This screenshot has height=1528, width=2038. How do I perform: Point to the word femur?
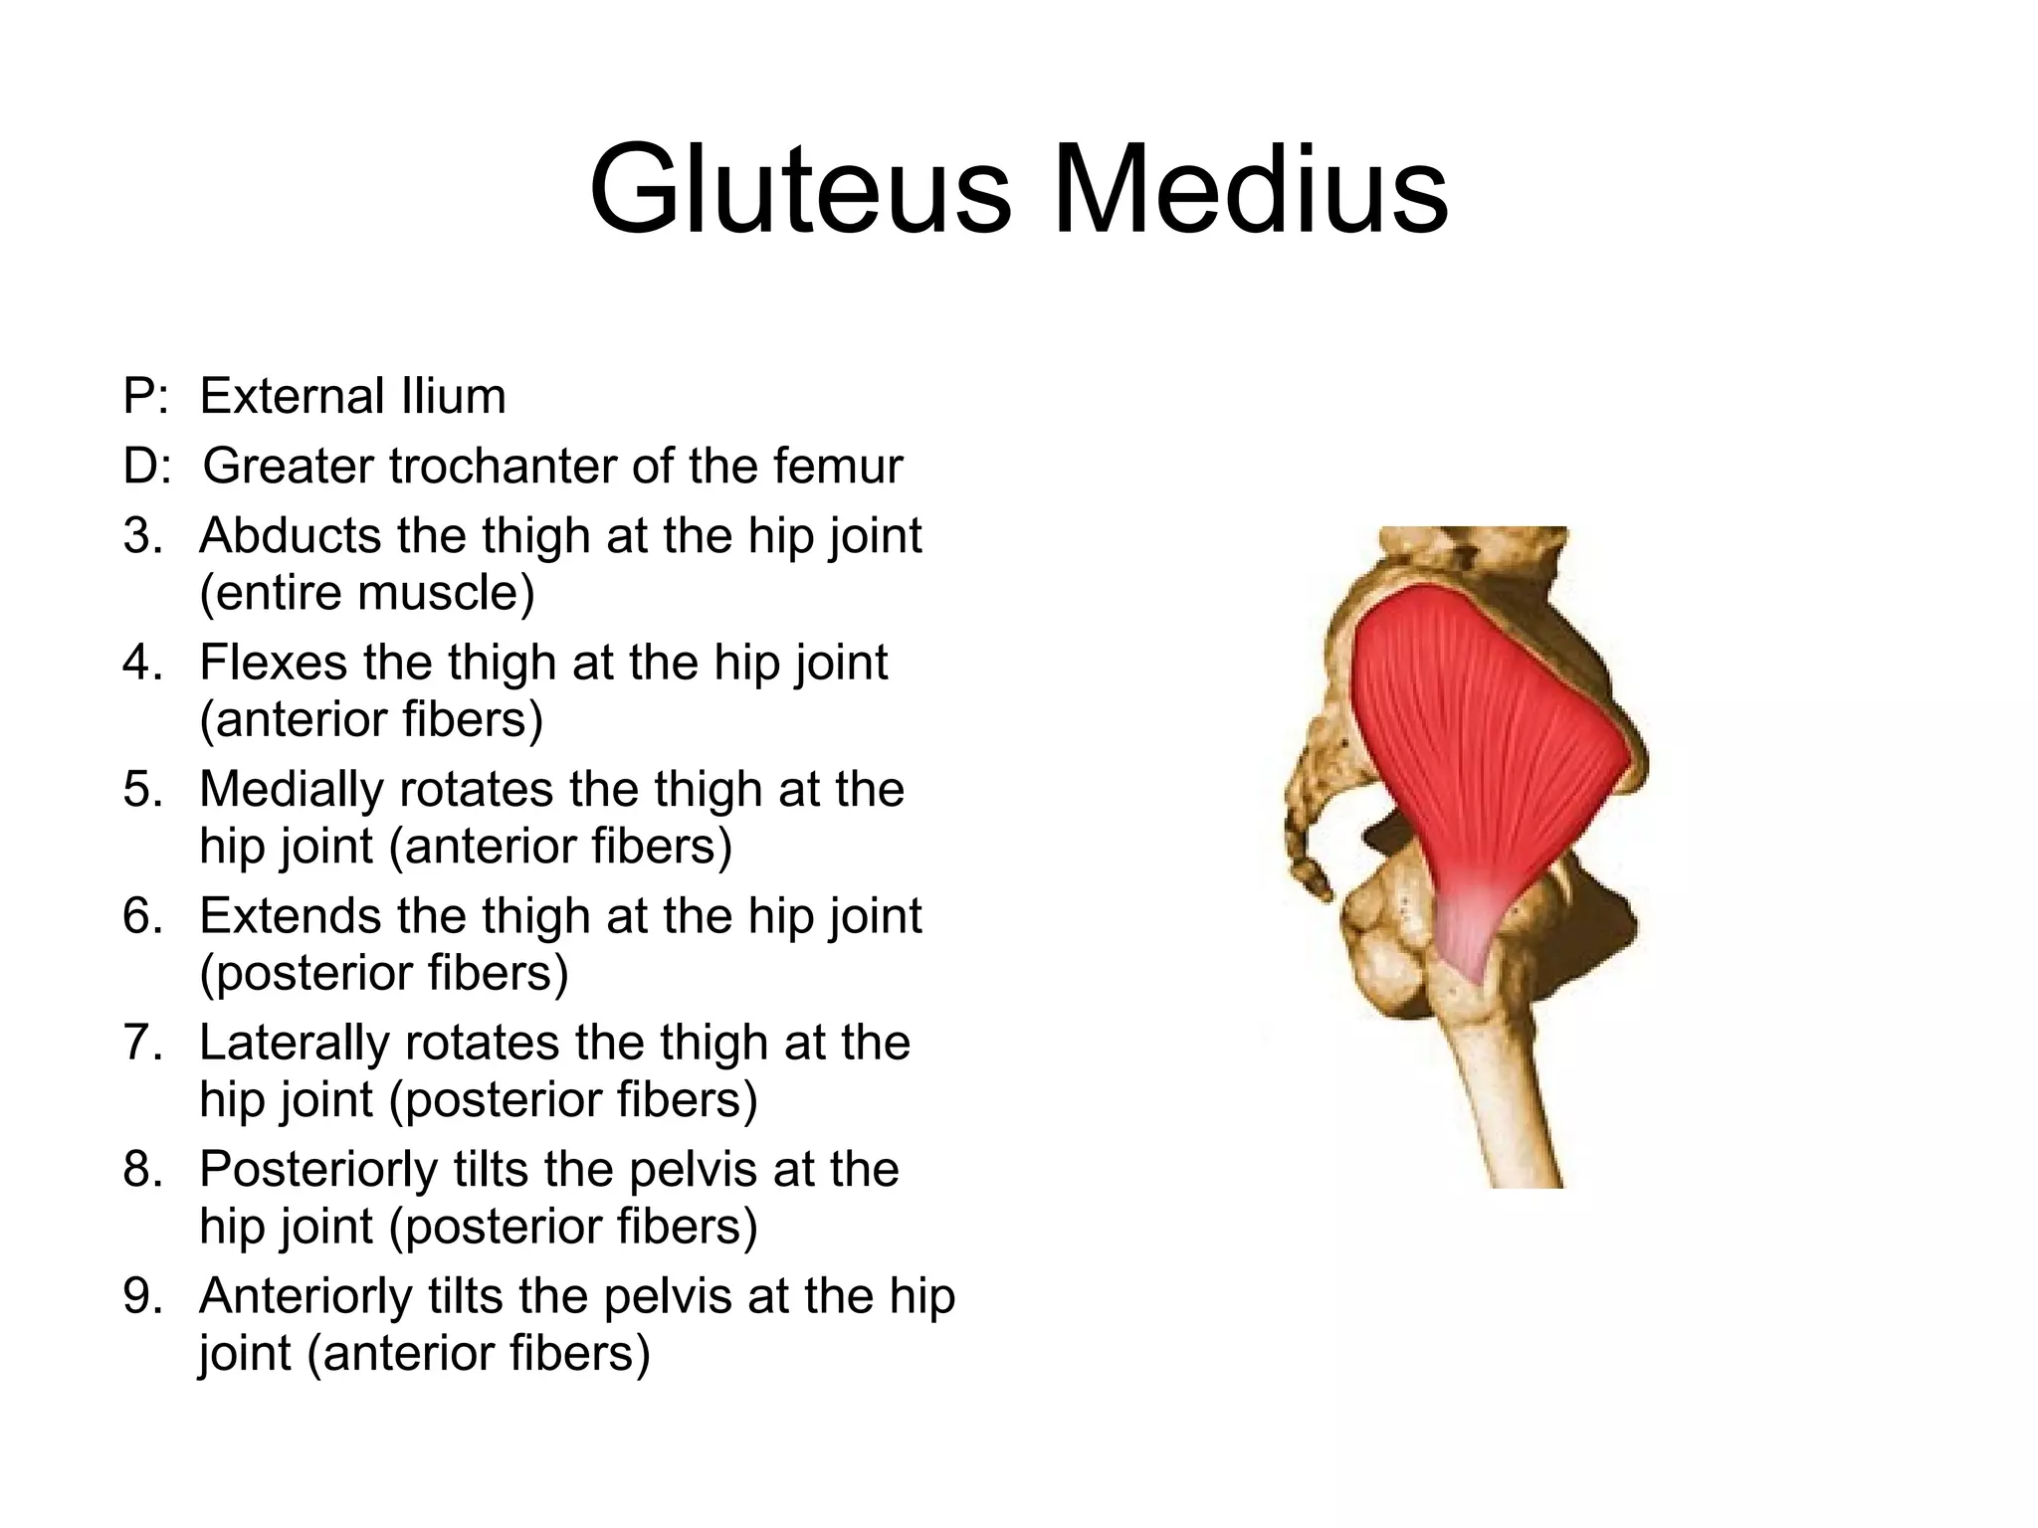click(x=845, y=466)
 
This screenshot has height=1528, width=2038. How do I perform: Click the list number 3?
click(x=143, y=536)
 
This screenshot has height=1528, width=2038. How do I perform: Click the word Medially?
click(x=291, y=790)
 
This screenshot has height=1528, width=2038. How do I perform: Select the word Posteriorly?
click(x=317, y=1170)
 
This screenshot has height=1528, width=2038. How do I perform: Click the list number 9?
click(x=143, y=1296)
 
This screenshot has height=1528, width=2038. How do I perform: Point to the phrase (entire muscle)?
click(x=367, y=593)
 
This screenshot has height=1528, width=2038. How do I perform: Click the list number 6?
click(x=143, y=916)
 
